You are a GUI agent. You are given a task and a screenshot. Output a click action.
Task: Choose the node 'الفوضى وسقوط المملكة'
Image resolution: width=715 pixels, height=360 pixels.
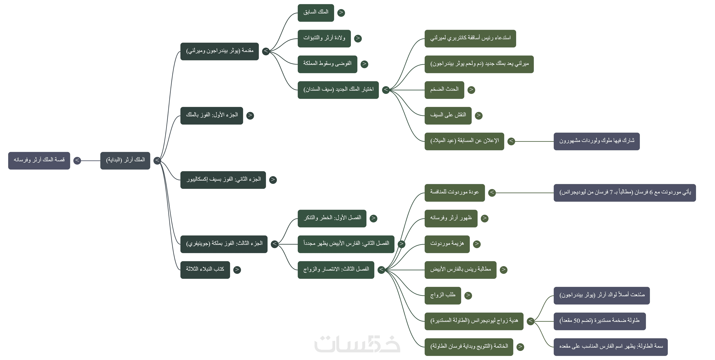coord(327,64)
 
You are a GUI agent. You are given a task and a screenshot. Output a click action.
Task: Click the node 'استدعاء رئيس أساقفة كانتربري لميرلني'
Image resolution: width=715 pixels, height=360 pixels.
coord(470,38)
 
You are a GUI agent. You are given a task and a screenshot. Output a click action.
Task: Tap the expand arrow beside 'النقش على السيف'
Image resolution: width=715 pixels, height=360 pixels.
coord(479,115)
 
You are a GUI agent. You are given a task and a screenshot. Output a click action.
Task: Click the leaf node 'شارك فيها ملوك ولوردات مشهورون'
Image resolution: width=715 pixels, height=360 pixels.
coord(596,141)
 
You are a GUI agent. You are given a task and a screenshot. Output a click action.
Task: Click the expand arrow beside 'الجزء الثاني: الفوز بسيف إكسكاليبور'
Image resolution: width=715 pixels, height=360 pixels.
coord(273,180)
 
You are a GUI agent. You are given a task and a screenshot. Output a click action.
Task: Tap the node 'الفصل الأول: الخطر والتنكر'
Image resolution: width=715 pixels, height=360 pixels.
coord(332,218)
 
